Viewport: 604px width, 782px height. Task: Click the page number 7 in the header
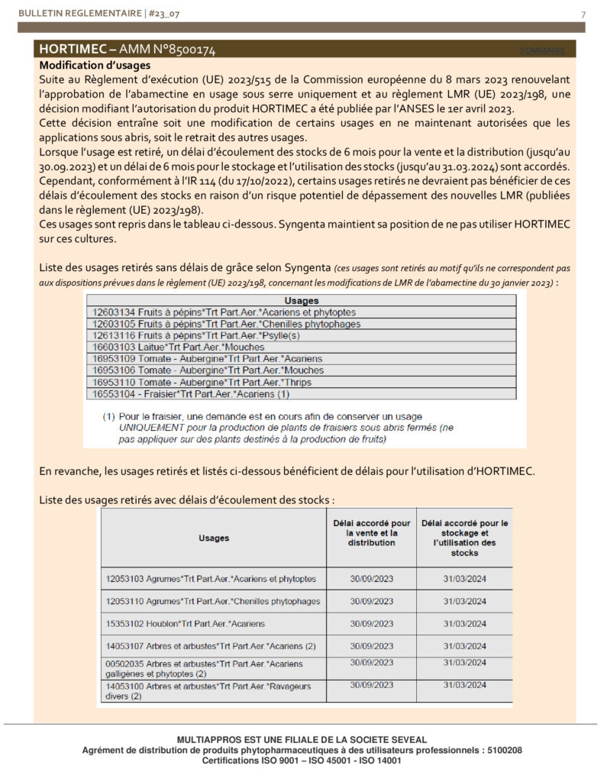click(x=583, y=15)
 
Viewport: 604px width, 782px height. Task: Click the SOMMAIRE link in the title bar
click(x=543, y=50)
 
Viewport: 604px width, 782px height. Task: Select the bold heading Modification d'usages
click(x=95, y=66)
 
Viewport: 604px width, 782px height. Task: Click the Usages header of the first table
click(x=301, y=301)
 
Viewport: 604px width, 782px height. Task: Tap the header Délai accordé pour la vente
click(x=372, y=533)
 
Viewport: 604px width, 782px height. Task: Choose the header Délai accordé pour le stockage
click(x=464, y=538)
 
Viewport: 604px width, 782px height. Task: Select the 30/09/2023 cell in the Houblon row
click(x=372, y=624)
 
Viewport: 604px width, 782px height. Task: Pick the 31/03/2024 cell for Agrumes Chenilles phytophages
click(x=464, y=601)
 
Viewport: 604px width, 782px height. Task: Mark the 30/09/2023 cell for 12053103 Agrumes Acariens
click(x=372, y=578)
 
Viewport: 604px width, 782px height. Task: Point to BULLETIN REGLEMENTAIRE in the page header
click(x=67, y=15)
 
